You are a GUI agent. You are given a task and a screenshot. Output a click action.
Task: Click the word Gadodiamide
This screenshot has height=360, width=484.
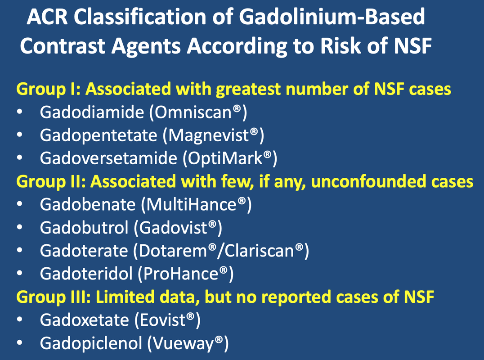[92, 112]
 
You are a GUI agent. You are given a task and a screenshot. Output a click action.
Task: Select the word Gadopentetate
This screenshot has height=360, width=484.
[99, 135]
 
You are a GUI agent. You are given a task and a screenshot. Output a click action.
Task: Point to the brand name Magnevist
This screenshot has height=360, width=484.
[208, 135]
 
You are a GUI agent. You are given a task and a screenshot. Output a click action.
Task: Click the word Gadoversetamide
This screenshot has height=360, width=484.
[108, 158]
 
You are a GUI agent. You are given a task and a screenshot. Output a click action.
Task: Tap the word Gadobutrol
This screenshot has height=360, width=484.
[84, 228]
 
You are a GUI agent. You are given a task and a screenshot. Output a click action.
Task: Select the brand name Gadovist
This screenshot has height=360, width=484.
[173, 228]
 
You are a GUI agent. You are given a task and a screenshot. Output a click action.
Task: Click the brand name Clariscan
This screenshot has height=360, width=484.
[259, 251]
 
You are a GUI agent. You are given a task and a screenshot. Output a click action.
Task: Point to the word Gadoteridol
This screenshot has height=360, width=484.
[86, 274]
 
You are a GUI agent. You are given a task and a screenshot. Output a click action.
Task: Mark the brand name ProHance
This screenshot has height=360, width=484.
[181, 274]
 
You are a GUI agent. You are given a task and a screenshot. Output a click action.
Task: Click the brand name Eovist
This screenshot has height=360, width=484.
[163, 320]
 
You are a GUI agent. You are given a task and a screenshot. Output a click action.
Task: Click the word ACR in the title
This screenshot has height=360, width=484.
[47, 17]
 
